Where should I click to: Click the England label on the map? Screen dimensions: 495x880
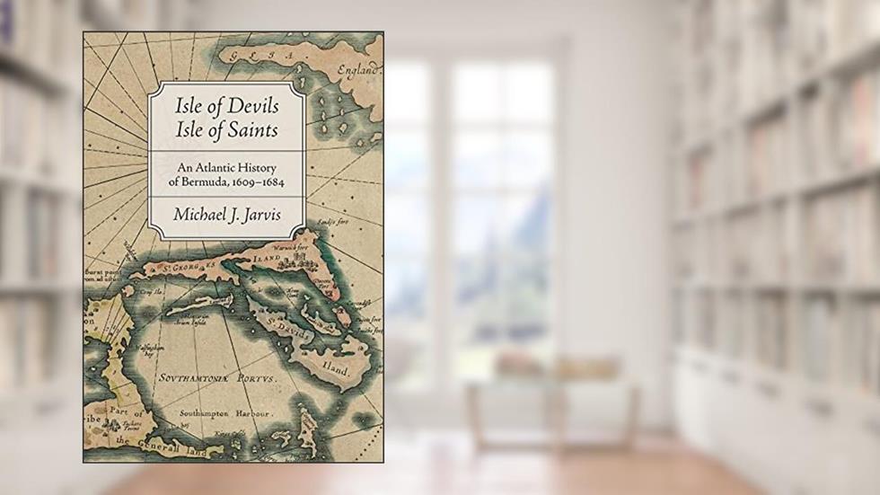click(358, 71)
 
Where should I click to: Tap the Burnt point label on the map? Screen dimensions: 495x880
click(101, 270)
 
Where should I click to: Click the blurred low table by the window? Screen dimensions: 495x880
click(551, 396)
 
